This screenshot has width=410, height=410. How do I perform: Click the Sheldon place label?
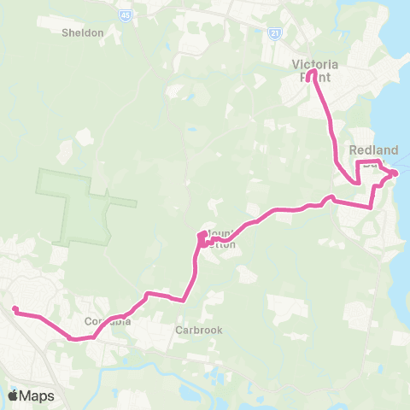tap(83, 33)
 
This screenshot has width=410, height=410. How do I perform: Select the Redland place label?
tap(373, 150)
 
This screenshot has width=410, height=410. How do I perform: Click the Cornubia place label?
tap(108, 322)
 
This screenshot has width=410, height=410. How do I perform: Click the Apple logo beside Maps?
tap(13, 395)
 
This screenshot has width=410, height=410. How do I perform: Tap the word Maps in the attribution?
tap(38, 395)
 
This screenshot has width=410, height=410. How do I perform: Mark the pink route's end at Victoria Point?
tap(313, 73)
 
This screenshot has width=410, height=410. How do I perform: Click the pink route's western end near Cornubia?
tap(15, 310)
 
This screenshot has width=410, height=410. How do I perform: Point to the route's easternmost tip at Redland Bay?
tap(395, 174)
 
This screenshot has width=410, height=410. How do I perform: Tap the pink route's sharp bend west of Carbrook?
tap(184, 299)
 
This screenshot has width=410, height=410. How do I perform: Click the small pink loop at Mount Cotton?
tap(202, 239)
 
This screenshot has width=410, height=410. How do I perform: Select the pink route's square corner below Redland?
tap(372, 205)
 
